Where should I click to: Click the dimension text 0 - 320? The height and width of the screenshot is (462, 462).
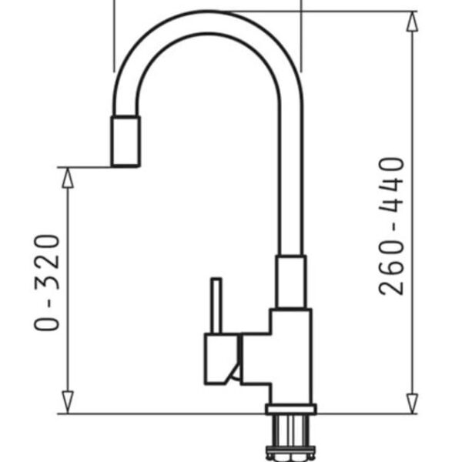pyautogui.click(x=48, y=282)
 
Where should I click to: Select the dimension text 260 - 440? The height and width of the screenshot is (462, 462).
pyautogui.click(x=393, y=226)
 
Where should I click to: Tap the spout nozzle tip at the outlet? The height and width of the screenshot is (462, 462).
pyautogui.click(x=126, y=142)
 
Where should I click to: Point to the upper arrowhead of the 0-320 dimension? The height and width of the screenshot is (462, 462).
pyautogui.click(x=68, y=177)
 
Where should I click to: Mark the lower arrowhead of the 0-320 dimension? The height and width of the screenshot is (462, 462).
pyautogui.click(x=68, y=402)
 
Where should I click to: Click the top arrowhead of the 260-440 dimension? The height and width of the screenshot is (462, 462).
pyautogui.click(x=413, y=22)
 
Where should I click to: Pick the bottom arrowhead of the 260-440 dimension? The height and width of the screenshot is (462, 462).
pyautogui.click(x=413, y=402)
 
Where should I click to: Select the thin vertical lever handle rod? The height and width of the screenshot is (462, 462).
pyautogui.click(x=216, y=306)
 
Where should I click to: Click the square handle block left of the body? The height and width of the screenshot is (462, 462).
pyautogui.click(x=219, y=360)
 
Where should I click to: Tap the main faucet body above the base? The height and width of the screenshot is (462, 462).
pyautogui.click(x=289, y=354)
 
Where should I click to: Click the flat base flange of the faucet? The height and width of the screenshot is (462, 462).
pyautogui.click(x=290, y=409)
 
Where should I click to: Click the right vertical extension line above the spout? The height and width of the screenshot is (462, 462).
pyautogui.click(x=301, y=35)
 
